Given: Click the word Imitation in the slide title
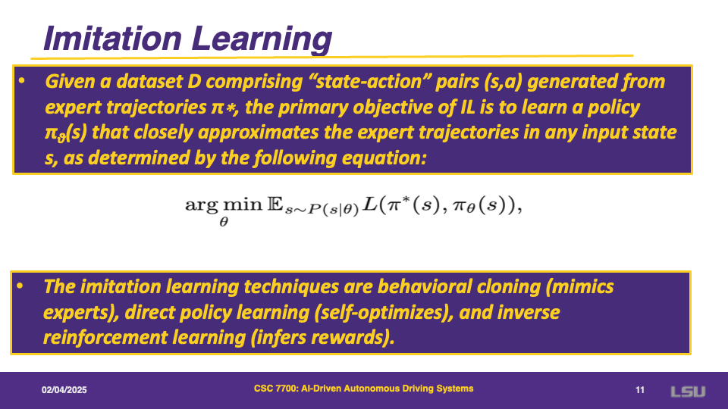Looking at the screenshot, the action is point(112,38).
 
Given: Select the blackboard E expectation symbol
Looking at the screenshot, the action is point(275,204).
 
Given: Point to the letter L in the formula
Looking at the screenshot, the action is point(370,204).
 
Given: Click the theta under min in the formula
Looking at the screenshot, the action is point(224,222).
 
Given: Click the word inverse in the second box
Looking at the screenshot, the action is point(529,313).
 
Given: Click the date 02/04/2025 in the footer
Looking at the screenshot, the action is point(64,390).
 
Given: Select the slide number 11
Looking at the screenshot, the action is point(640,390).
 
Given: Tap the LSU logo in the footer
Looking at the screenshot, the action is point(688,392).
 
